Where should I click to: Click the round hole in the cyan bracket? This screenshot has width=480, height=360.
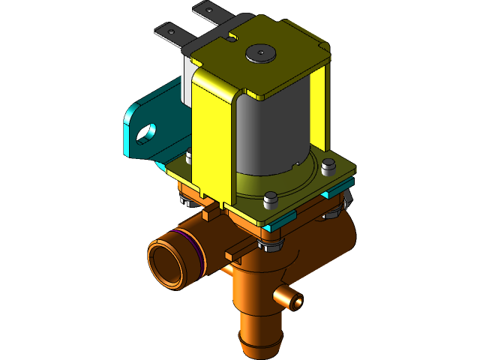coord(145,132)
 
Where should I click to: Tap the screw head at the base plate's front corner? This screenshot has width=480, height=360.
coord(271,199)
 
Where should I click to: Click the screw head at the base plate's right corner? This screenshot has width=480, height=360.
coord(327,166)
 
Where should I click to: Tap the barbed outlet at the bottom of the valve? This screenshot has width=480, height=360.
coord(259,338)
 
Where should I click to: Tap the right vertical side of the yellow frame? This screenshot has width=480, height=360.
coord(321,112)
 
